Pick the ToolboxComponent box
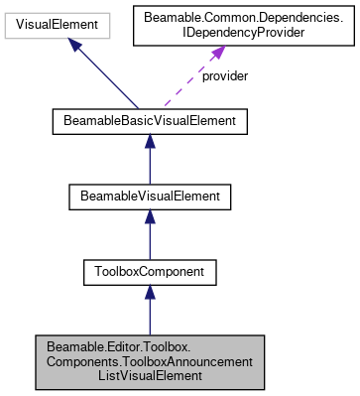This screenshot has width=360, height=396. (149, 269)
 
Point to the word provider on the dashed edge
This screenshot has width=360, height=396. (224, 75)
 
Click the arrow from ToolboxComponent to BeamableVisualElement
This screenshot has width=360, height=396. (149, 234)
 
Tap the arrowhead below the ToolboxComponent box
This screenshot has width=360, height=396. (149, 292)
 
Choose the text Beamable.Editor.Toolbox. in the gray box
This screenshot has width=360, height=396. (149, 345)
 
